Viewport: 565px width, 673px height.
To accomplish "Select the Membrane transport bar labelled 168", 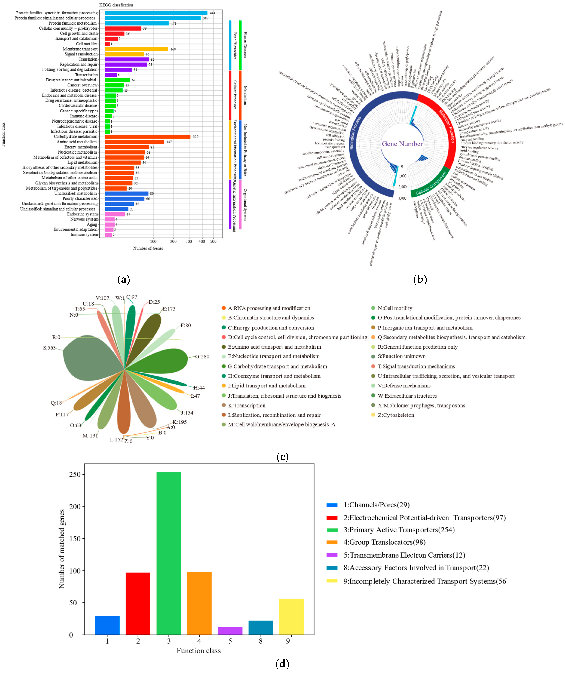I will [x=136, y=49].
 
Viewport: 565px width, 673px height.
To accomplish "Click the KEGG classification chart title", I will [x=116, y=5].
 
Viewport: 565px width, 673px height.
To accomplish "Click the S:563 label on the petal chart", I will [x=49, y=348].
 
